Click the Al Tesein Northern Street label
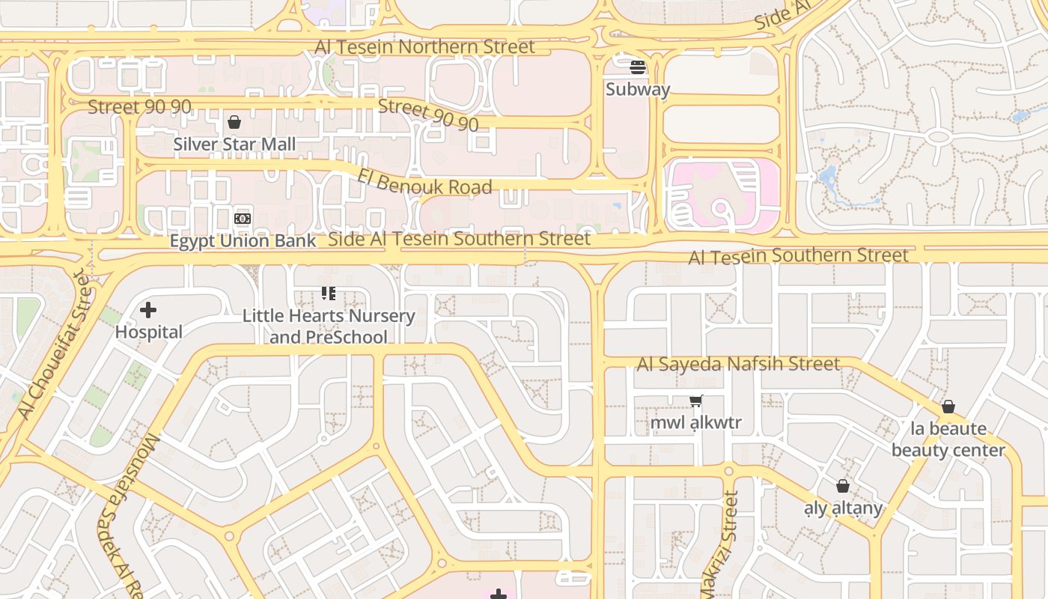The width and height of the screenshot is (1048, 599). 424,46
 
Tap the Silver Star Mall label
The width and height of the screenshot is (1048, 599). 234,144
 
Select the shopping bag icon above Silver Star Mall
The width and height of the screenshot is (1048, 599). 234,121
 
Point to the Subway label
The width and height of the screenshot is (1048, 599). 638,89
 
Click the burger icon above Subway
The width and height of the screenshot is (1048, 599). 638,67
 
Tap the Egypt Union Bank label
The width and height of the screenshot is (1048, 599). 243,240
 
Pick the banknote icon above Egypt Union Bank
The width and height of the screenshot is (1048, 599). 242,218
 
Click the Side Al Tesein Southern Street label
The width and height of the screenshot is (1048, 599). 460,239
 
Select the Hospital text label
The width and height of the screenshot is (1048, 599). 149,332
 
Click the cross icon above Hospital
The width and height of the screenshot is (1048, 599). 148,309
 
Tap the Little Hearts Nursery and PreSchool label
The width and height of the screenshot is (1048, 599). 329,326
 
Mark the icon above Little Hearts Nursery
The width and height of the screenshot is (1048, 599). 328,293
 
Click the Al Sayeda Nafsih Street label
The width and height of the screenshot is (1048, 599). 738,364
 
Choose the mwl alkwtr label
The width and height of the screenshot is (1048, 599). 695,422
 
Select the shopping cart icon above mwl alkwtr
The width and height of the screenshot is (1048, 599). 696,401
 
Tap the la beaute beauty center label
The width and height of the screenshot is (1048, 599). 948,439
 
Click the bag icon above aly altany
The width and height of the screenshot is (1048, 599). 843,486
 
